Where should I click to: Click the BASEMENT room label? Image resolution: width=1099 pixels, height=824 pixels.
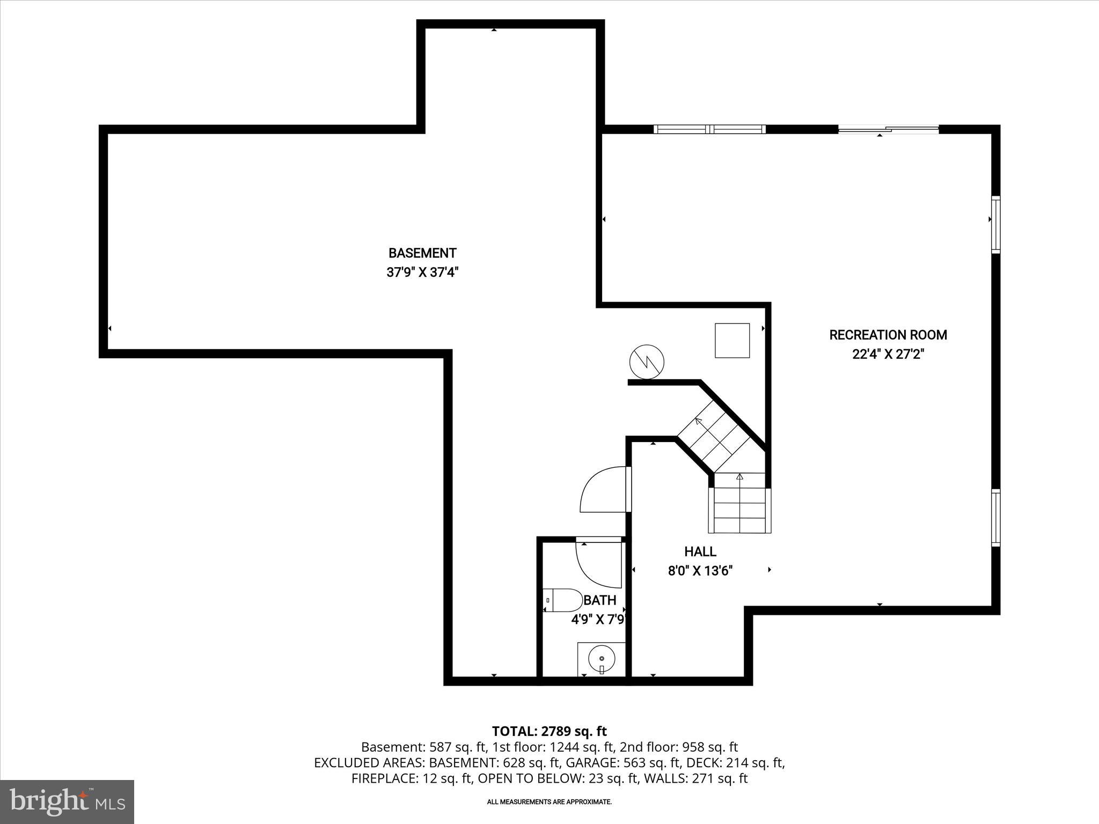pos(422,253)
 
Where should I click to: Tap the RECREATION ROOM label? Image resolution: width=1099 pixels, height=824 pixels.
pos(888,335)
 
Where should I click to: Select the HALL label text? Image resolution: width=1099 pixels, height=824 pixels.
pos(700,551)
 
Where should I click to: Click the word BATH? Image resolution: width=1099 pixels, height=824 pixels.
pos(600,600)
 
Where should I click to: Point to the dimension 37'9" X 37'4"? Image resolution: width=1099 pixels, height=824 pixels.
pos(422,273)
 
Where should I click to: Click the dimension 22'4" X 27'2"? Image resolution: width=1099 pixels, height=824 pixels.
pos(888,355)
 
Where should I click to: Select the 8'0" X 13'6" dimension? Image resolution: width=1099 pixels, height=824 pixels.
pos(700,571)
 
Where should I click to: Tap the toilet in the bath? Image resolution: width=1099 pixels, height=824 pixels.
pos(563,600)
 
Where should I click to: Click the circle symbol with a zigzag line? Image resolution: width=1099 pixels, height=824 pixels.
pos(647,362)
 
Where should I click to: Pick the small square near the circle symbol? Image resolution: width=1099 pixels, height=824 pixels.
pos(732,341)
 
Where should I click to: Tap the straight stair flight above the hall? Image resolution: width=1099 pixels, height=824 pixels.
pos(739,504)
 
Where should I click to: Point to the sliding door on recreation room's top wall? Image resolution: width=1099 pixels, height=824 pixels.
pos(888,129)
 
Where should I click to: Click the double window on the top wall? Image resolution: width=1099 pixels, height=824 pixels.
pos(709,129)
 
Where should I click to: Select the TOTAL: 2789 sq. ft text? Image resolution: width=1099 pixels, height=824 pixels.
pos(549,731)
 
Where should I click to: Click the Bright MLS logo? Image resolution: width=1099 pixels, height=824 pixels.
pos(67,802)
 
